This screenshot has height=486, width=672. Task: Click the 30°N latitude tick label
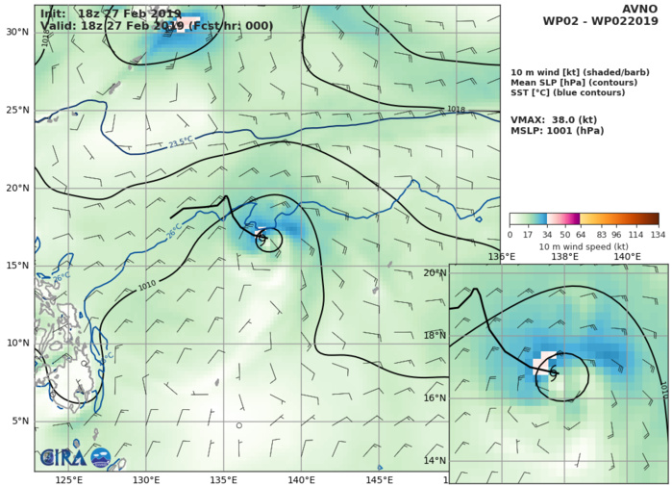tap(17, 32)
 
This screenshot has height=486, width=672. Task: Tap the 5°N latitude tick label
tap(20, 422)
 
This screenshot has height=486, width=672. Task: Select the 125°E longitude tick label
tap(67, 479)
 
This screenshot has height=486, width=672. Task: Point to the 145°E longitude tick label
tap(379, 479)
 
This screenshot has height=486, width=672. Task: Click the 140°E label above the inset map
tap(628, 257)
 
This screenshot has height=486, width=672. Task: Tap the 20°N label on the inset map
tap(435, 273)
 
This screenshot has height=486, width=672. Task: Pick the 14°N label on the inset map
tap(435, 461)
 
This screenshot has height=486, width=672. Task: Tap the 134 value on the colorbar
tap(659, 233)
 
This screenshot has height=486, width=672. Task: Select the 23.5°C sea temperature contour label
tap(183, 142)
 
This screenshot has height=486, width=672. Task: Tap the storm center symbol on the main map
tap(261, 240)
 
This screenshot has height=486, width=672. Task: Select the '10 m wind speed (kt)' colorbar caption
tap(584, 246)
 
